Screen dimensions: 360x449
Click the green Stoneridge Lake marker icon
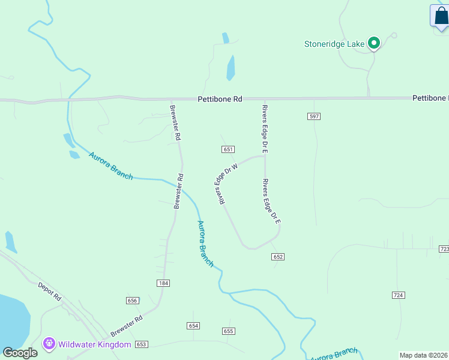373,43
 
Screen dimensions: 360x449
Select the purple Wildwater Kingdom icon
49,344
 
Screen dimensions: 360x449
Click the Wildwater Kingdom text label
94,344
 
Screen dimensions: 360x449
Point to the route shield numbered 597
314,116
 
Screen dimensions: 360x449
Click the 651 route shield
228,149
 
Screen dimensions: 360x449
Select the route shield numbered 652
277,256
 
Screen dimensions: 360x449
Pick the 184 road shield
163,283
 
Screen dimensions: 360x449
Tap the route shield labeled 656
133,301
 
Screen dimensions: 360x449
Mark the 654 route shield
193,325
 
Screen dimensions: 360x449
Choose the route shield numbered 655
228,331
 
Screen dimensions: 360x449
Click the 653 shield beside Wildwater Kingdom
141,344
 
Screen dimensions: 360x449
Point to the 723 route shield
444,248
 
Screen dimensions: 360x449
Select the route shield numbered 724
399,295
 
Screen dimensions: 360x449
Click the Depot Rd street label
50,291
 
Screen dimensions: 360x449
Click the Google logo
20,353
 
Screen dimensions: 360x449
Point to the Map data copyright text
423,355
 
